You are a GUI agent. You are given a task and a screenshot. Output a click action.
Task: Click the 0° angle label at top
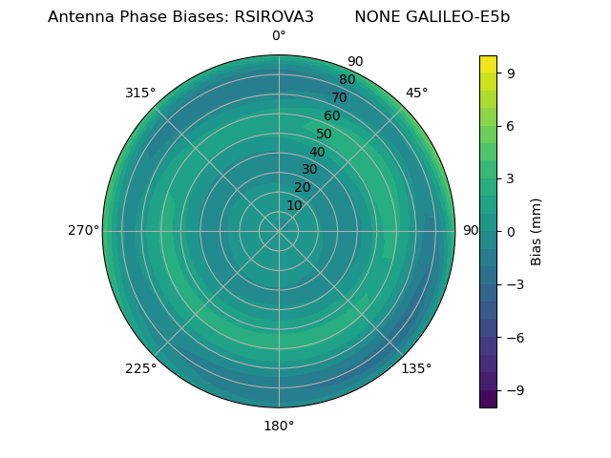pyautogui.click(x=279, y=36)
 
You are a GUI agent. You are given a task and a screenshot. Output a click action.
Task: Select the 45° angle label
pyautogui.click(x=416, y=93)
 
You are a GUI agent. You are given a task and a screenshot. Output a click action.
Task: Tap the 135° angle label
pyautogui.click(x=416, y=368)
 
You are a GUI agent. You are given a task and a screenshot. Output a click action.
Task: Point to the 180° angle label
pyautogui.click(x=279, y=426)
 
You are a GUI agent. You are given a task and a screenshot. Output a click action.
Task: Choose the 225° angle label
pyautogui.click(x=140, y=368)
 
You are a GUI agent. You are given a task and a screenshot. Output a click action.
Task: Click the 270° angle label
pyautogui.click(x=83, y=231)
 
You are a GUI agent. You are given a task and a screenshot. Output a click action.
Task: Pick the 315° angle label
pyautogui.click(x=140, y=93)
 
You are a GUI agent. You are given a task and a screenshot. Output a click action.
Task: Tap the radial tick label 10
pyautogui.click(x=294, y=205)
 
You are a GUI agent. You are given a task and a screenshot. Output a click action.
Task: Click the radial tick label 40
pyautogui.click(x=317, y=152)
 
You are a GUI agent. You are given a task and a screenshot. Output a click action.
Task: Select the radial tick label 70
pyautogui.click(x=339, y=97)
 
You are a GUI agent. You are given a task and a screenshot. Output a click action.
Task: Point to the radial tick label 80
pyautogui.click(x=347, y=80)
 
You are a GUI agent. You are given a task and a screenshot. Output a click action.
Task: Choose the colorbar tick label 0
pyautogui.click(x=512, y=231)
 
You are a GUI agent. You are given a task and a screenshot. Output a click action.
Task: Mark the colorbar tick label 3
pyautogui.click(x=512, y=178)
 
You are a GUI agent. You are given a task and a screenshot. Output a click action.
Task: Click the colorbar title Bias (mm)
pyautogui.click(x=537, y=231)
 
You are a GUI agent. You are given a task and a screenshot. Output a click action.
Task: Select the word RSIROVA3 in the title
pyautogui.click(x=274, y=17)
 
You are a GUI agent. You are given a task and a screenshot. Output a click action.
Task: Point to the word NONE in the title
pyautogui.click(x=378, y=17)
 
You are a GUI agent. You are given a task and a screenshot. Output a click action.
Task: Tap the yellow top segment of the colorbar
pyautogui.click(x=488, y=64)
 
